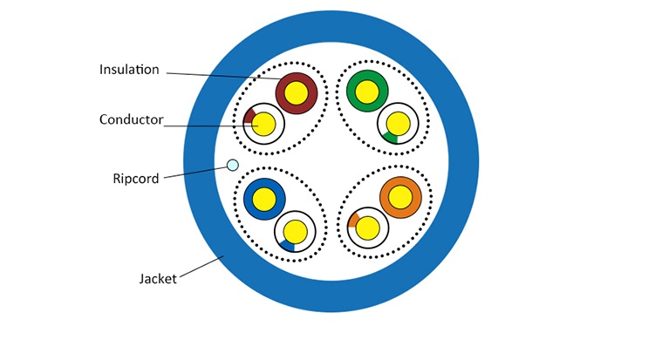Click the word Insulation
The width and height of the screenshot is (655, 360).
(x=129, y=70)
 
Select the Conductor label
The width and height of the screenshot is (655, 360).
(x=131, y=119)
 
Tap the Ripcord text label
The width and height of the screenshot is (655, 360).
(x=136, y=179)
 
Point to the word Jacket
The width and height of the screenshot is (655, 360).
(x=158, y=279)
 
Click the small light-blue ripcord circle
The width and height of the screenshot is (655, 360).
(x=232, y=165)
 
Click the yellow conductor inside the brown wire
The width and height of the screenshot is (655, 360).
(x=297, y=91)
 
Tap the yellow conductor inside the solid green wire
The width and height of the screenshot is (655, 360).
(x=367, y=91)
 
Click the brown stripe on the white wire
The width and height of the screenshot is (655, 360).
(x=249, y=115)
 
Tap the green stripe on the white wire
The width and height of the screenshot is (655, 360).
(x=390, y=138)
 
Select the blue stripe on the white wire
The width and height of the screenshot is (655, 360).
(x=287, y=246)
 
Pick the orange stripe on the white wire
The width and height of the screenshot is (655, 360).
(x=353, y=219)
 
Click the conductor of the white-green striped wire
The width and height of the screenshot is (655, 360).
(x=399, y=124)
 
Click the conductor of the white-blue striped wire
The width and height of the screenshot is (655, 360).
(x=296, y=231)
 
